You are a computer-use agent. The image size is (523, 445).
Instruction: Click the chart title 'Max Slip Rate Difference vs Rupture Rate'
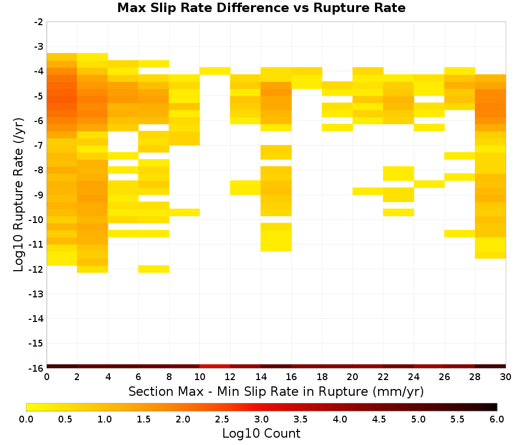point(261,8)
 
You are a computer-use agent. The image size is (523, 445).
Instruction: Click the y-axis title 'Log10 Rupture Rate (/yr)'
point(18,195)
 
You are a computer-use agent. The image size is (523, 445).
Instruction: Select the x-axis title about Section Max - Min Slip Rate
point(276,391)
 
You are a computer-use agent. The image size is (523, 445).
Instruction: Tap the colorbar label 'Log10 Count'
point(261,433)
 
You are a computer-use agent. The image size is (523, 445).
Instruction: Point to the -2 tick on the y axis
point(39,22)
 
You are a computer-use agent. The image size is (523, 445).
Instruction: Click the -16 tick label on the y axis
point(37,368)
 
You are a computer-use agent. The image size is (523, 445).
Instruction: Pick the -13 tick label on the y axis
point(37,294)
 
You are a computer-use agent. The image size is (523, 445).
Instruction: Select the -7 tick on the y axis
point(39,146)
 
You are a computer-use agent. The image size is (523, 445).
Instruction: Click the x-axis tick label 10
point(199,377)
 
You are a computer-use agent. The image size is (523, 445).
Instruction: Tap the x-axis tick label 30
point(506,377)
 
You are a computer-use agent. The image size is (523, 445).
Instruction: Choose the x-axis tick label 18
point(322,377)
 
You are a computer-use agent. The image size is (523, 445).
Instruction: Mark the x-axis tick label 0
point(47,377)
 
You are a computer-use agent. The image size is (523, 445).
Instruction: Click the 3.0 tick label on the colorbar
point(261,419)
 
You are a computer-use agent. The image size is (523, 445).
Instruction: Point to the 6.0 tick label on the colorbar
point(497,419)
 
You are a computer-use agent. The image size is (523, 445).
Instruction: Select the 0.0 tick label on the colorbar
point(26,419)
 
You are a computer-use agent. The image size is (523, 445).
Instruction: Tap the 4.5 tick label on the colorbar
point(379,419)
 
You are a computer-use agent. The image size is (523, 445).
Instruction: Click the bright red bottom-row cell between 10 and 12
point(215,366)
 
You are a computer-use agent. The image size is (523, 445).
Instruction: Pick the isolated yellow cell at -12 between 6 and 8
point(154,269)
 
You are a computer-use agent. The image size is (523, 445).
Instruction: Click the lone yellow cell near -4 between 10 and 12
point(215,71)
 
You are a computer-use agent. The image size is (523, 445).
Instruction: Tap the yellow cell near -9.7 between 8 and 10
point(185,213)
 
